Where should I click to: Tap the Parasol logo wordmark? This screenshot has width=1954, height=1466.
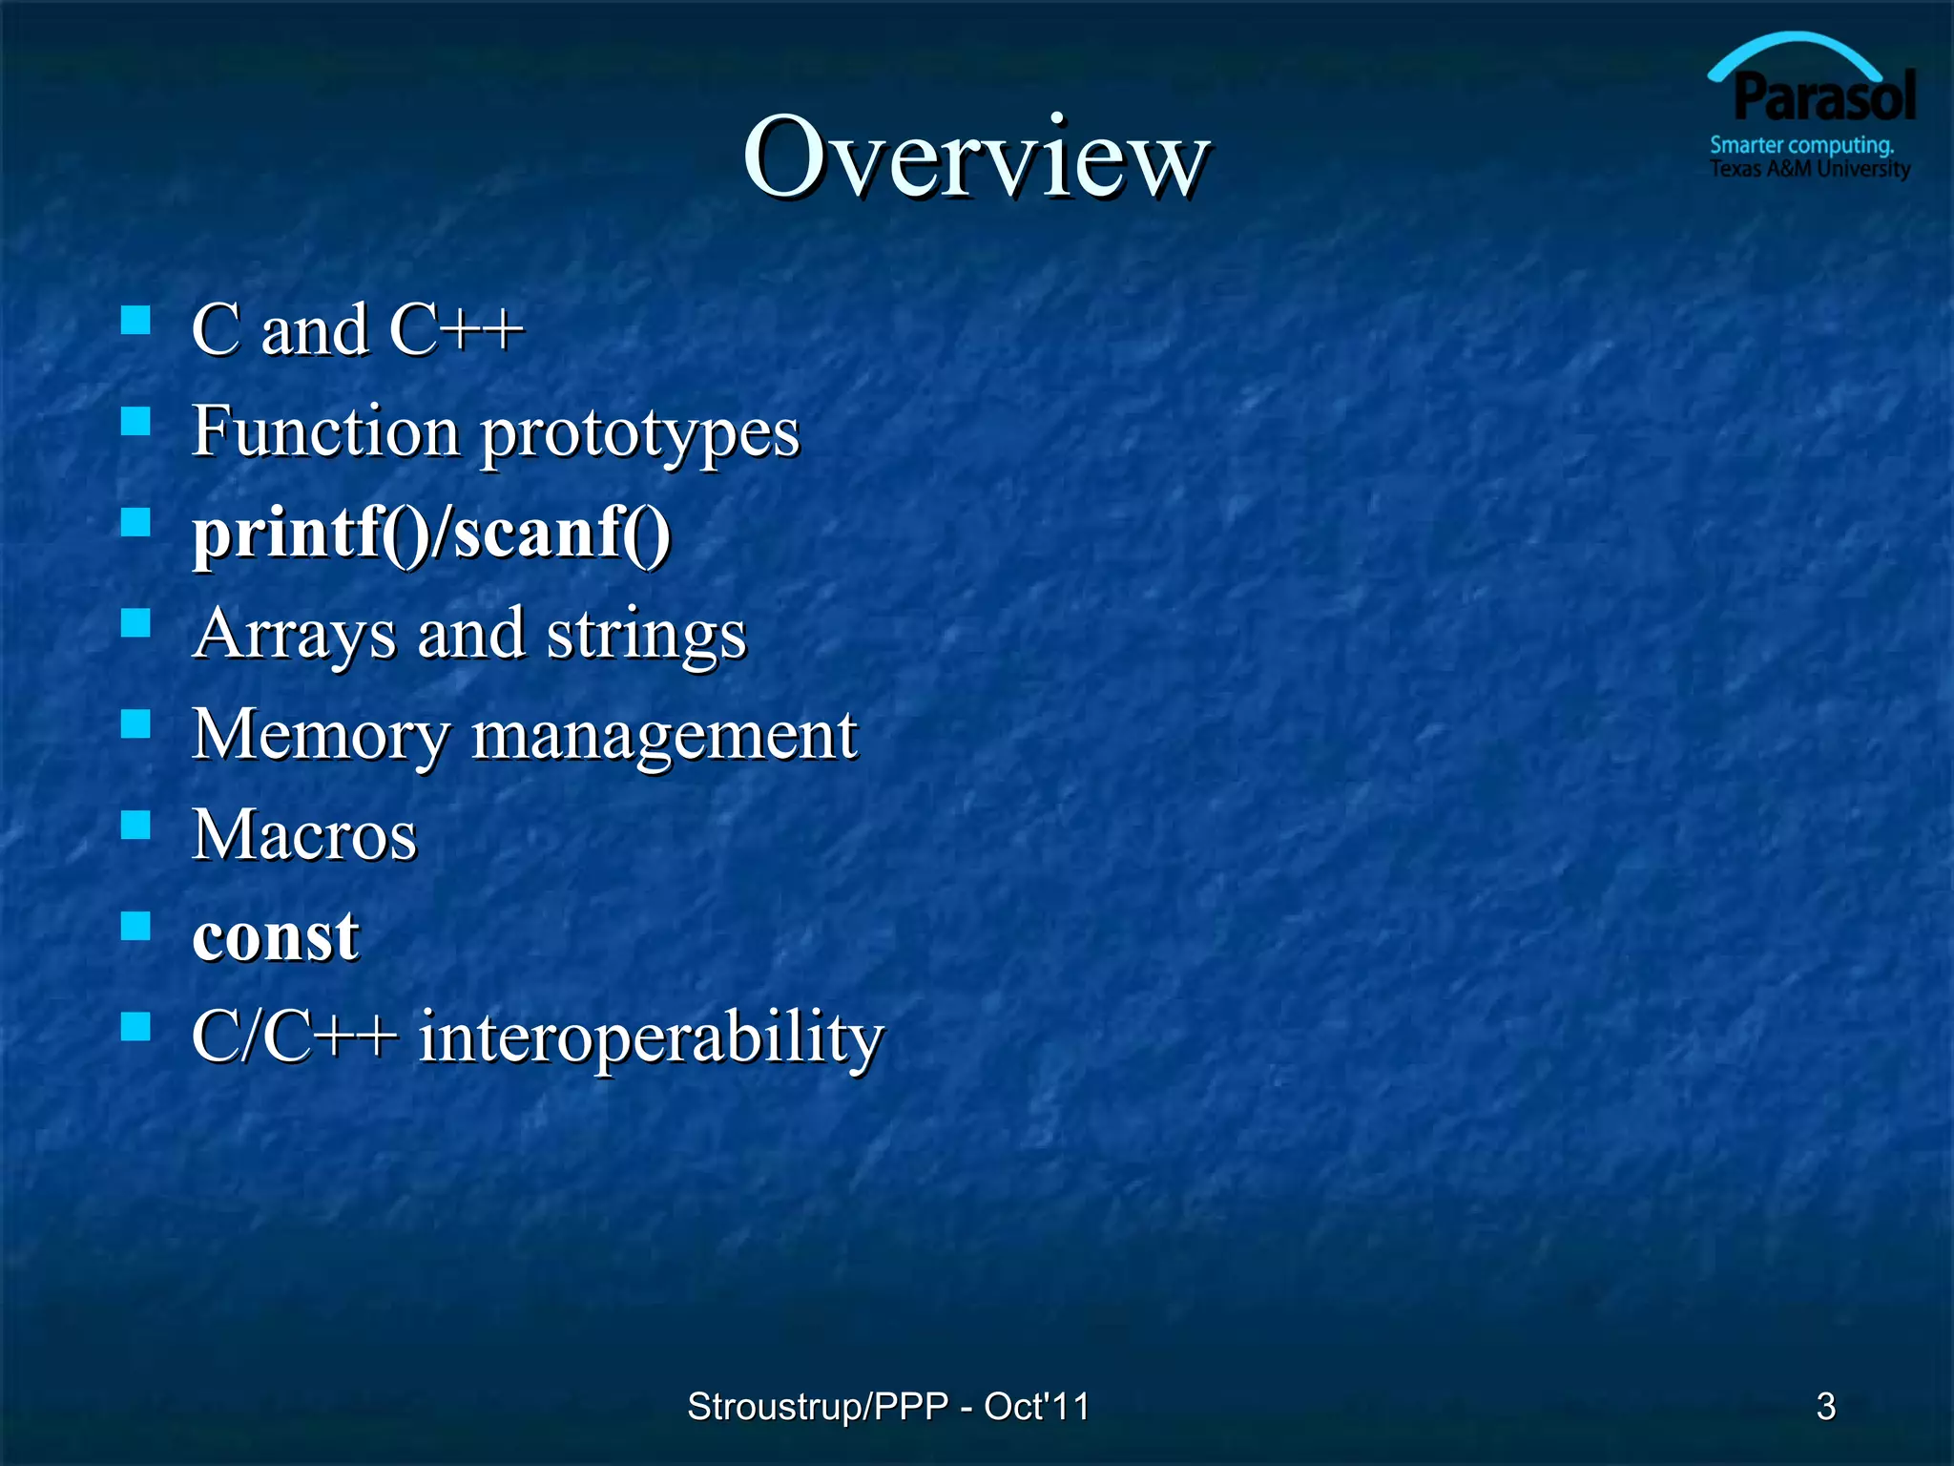point(1823,98)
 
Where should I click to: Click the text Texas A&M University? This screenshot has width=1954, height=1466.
point(1809,169)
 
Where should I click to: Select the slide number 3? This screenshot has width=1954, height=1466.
point(1825,1406)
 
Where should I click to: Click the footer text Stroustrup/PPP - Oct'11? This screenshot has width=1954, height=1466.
point(887,1406)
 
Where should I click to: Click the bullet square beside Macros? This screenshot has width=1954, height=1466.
point(136,824)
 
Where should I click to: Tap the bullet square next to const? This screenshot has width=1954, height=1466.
point(136,925)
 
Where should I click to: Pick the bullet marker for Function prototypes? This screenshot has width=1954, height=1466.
point(136,421)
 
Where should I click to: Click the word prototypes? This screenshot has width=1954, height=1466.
point(639,434)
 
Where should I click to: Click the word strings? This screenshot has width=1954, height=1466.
point(646,635)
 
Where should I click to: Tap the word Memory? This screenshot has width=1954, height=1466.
point(320,736)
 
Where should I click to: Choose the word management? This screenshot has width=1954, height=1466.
point(664,736)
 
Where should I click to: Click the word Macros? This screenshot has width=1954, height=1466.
point(304,835)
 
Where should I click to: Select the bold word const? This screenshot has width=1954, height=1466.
point(276,936)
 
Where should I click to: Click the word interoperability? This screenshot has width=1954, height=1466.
point(652,1037)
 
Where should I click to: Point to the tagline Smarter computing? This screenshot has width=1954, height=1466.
point(1801,145)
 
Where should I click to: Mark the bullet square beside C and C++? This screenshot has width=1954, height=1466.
point(136,320)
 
